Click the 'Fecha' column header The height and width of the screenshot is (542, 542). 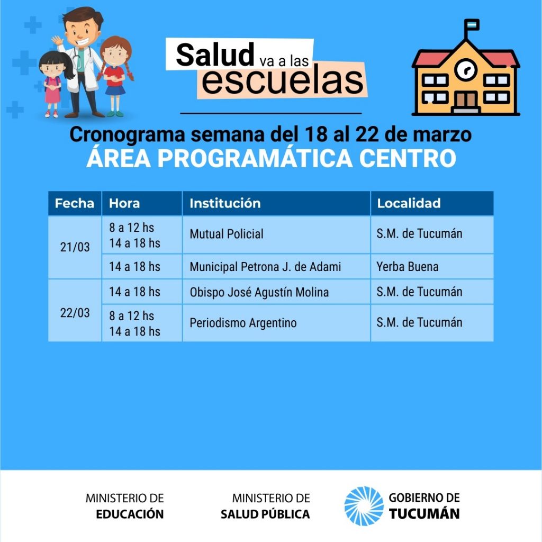(74, 203)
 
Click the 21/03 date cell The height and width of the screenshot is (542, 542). (75, 247)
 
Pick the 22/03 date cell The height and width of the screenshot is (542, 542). (75, 313)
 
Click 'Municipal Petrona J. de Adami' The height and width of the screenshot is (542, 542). (265, 267)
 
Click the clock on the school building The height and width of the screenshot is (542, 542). (466, 69)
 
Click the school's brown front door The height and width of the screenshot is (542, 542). (466, 100)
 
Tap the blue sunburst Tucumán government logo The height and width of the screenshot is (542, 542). (364, 505)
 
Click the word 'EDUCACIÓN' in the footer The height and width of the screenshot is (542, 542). (130, 514)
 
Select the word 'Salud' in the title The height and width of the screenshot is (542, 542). (215, 55)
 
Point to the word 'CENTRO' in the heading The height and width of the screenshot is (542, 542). (408, 158)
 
